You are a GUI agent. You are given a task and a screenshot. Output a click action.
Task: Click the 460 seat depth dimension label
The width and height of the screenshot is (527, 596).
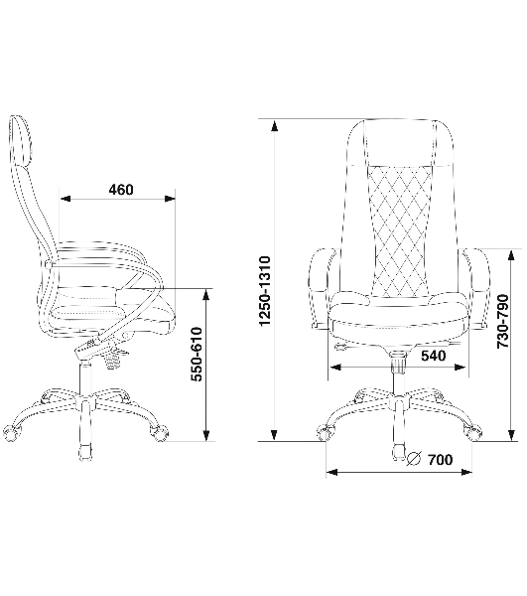click(121, 190)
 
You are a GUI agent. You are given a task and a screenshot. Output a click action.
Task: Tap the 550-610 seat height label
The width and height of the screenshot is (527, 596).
click(197, 355)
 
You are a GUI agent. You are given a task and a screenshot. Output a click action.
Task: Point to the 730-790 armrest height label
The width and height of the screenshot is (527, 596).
click(503, 321)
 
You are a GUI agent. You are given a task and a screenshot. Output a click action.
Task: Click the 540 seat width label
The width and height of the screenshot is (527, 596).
click(434, 356)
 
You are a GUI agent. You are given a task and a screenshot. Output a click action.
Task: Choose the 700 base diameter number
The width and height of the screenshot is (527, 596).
click(441, 460)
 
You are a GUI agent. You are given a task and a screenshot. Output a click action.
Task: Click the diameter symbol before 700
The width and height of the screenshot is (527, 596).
click(414, 459)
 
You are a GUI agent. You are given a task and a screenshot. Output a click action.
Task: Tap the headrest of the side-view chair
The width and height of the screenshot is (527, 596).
click(20, 141)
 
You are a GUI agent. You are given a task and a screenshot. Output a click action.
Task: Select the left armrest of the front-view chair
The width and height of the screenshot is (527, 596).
click(322, 288)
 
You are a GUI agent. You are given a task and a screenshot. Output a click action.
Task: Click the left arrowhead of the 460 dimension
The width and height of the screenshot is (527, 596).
click(66, 199)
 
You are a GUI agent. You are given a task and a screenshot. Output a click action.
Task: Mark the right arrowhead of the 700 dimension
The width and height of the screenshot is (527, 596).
click(466, 473)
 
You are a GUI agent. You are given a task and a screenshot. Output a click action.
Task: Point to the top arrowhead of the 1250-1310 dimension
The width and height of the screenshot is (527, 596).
click(274, 125)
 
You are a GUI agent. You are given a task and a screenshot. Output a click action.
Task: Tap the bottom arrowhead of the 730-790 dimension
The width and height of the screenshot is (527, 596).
click(512, 435)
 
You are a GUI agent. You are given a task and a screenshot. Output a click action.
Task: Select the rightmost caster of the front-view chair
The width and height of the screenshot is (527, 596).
click(473, 433)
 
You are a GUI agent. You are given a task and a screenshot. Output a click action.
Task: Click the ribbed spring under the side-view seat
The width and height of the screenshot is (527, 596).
click(113, 360)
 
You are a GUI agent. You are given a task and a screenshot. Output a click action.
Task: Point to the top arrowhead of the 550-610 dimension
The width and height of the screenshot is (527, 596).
click(206, 295)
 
